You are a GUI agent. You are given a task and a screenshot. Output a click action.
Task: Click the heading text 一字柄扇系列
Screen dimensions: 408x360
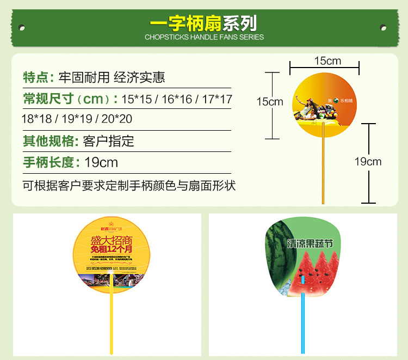pos(203,23)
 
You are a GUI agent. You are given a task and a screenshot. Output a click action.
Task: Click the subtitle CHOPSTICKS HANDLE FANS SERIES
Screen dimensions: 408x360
pos(204,38)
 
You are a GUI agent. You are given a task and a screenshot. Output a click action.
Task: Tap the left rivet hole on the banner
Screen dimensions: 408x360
pos(22,26)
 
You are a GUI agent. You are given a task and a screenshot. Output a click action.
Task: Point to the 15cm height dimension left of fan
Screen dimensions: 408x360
pos(270,101)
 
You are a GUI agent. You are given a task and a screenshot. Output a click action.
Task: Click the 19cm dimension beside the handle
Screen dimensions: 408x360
pos(368,161)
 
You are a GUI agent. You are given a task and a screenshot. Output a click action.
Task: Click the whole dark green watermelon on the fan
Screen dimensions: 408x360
pos(277,256)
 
